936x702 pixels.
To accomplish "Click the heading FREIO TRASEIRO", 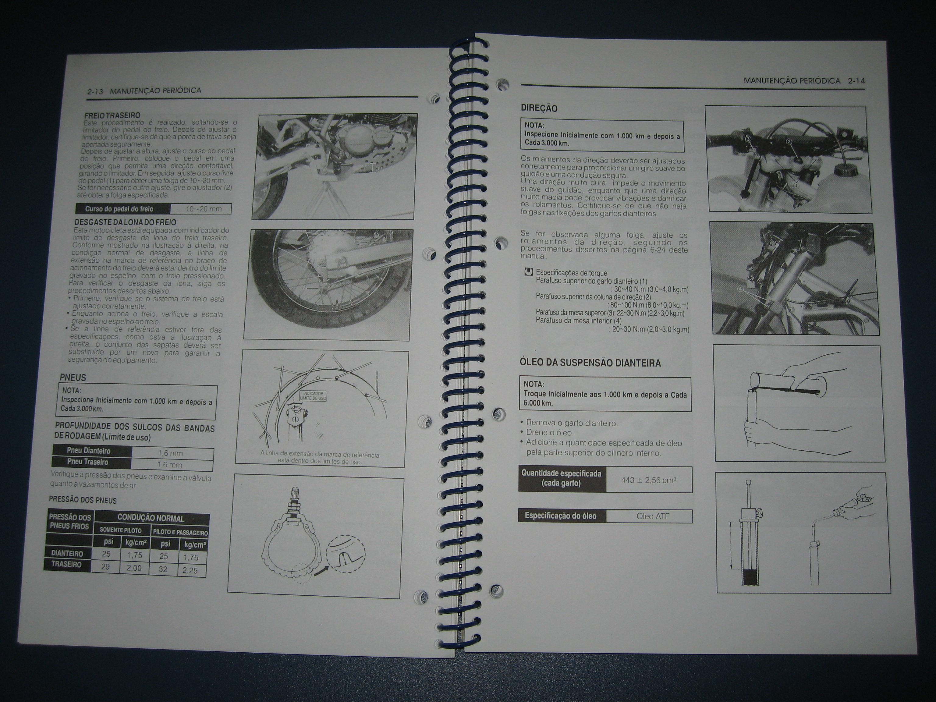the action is (112, 115).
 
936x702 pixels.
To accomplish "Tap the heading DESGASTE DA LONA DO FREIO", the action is (125, 222).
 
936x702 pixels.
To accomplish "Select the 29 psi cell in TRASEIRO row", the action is (106, 566).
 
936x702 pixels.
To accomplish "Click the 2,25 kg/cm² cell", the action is (190, 570).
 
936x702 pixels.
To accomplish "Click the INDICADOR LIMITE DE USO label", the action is (313, 396).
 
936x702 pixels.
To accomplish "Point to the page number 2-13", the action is (95, 91).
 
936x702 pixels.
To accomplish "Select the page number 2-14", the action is (856, 81).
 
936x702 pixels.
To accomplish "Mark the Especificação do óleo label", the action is (561, 516).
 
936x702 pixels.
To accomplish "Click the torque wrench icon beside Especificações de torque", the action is (528, 272).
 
